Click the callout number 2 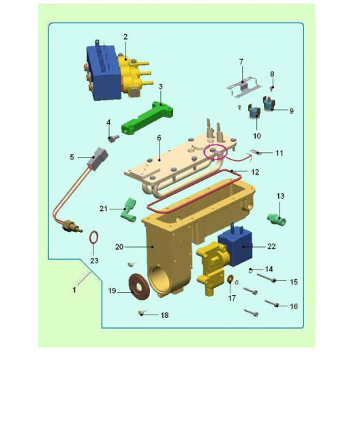point(125,37)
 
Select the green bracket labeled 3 point(147,118)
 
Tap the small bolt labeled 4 point(113,138)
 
